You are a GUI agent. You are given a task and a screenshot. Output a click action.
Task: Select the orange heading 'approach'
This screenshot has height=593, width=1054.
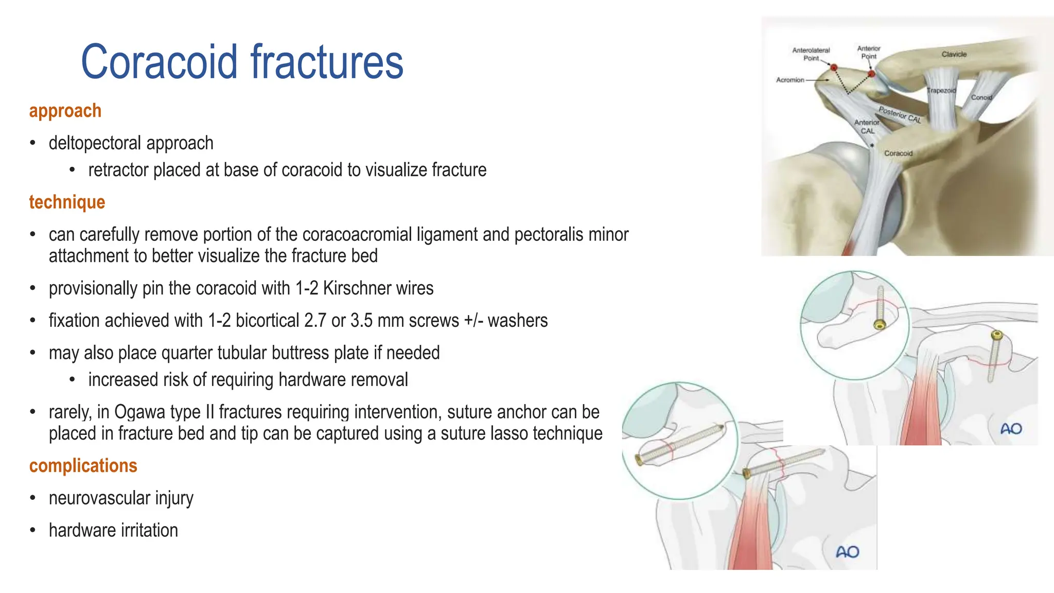click(65, 111)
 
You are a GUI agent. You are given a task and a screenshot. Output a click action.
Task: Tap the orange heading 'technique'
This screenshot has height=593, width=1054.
click(67, 202)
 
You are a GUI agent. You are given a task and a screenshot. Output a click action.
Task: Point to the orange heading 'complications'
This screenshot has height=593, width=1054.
click(83, 466)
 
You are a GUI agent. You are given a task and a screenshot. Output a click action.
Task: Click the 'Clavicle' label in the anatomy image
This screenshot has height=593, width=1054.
click(954, 54)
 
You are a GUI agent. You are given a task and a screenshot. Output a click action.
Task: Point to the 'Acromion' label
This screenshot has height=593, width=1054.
click(790, 80)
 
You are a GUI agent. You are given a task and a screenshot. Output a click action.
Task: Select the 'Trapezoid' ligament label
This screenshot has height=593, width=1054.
click(941, 91)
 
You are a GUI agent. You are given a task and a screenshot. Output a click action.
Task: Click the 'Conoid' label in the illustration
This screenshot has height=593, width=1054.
click(981, 97)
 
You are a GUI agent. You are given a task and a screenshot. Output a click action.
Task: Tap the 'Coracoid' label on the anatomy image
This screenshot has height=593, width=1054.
click(898, 153)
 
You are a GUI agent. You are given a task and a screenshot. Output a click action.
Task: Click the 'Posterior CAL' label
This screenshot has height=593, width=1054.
click(900, 115)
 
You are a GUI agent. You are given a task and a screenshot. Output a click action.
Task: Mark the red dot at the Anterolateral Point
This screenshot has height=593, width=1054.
click(834, 67)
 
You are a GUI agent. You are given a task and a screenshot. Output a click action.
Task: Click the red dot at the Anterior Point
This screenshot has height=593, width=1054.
click(871, 74)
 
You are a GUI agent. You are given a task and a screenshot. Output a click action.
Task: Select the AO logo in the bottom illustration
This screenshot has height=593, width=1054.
click(848, 552)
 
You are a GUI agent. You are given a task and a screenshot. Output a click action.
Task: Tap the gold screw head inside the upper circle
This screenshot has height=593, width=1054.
click(880, 325)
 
